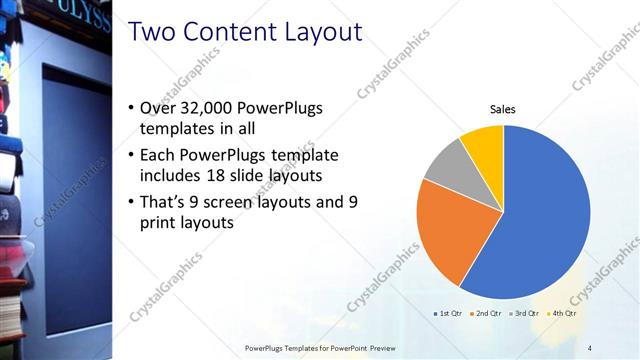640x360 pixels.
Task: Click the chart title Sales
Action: pos(502,109)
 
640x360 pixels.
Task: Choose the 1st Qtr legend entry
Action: pos(447,313)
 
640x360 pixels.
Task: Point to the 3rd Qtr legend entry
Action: pos(525,313)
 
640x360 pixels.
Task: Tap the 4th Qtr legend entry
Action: pos(562,313)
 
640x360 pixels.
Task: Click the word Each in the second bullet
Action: pos(162,155)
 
